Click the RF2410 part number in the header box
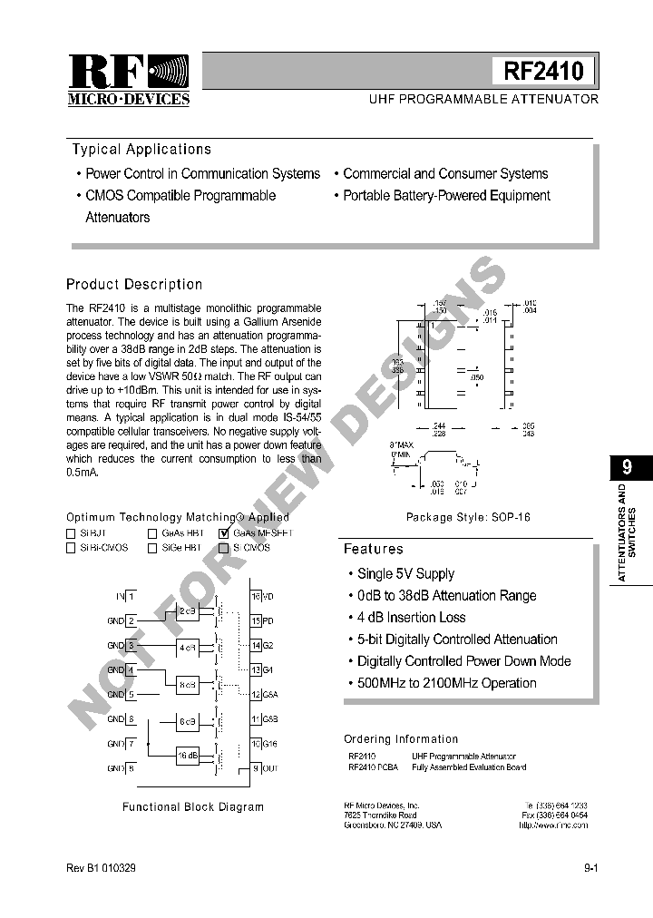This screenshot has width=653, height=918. click(x=543, y=71)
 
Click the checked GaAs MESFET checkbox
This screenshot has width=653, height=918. click(x=224, y=533)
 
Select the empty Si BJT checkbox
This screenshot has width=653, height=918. click(x=72, y=533)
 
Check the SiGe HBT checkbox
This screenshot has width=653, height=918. click(x=152, y=548)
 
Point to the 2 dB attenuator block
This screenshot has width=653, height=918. click(x=188, y=610)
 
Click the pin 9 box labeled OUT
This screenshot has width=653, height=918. click(x=256, y=768)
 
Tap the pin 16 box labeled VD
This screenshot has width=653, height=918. click(x=256, y=596)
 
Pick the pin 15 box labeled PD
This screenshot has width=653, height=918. click(x=256, y=620)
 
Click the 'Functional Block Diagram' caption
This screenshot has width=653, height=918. click(x=193, y=806)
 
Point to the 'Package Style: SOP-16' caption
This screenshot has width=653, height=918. click(x=468, y=517)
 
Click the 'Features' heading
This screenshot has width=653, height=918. click(x=373, y=549)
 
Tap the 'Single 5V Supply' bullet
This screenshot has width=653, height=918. click(x=405, y=574)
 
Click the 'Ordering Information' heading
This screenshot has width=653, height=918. click(x=401, y=739)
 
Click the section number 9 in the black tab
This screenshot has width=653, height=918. click(x=627, y=468)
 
